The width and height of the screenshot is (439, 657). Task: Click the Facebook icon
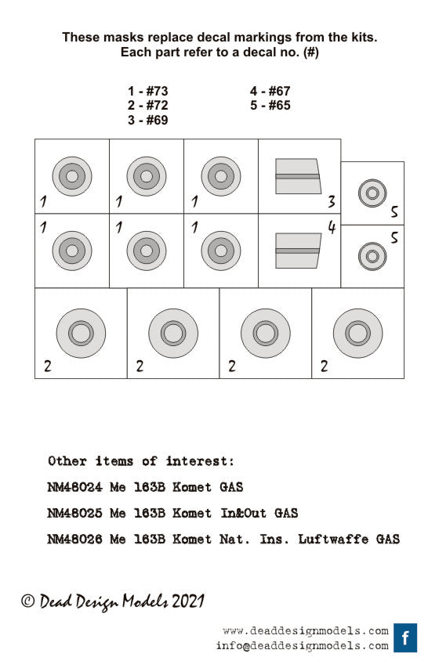coord(405,638)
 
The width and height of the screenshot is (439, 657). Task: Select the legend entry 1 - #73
coord(148,91)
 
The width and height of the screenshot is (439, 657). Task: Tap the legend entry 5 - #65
coord(270,105)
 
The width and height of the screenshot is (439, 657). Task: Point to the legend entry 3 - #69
coord(148,120)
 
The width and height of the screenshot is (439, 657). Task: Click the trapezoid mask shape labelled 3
coord(298,176)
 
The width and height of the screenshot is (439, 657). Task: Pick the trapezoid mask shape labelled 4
coord(298,251)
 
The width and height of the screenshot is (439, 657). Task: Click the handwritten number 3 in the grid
coord(332,201)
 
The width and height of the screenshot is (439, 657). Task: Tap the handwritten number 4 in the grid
coord(332,227)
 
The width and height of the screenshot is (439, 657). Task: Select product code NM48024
coord(74,487)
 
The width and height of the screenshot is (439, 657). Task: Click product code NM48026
coord(74,539)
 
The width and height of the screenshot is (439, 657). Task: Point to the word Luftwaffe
coord(333,539)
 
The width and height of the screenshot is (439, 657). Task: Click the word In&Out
coord(243,513)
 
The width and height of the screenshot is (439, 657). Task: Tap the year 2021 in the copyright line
coord(188,601)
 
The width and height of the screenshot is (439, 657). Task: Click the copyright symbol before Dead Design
coord(28,601)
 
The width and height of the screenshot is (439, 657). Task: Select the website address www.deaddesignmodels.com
coord(306,630)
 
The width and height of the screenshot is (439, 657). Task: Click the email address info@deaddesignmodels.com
coord(303,646)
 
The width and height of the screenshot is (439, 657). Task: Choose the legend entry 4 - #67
coord(270,91)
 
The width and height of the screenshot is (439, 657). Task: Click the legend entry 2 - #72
coord(148,105)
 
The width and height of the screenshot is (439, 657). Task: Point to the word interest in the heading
coord(197,461)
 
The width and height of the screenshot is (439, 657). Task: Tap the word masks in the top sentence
coord(125,38)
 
